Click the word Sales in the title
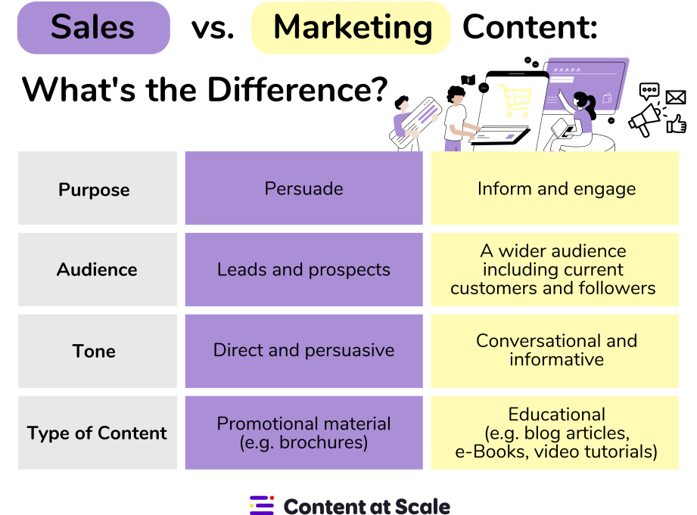pyautogui.click(x=93, y=28)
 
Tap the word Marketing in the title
pyautogui.click(x=352, y=28)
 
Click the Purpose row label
pyautogui.click(x=94, y=189)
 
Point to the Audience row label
pyautogui.click(x=97, y=270)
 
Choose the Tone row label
pyautogui.click(x=94, y=352)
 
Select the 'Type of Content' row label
pyautogui.click(x=97, y=433)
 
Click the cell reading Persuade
pyautogui.click(x=303, y=188)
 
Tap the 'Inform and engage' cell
pyautogui.click(x=556, y=189)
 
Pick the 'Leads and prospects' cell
pyautogui.click(x=303, y=270)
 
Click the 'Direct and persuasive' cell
pyautogui.click(x=303, y=351)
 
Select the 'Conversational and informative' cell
pyautogui.click(x=556, y=350)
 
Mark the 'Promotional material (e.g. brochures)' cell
pyautogui.click(x=303, y=433)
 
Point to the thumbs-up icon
pyautogui.click(x=676, y=123)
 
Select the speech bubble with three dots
pyautogui.click(x=649, y=92)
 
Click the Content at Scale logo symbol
pyautogui.click(x=262, y=505)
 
